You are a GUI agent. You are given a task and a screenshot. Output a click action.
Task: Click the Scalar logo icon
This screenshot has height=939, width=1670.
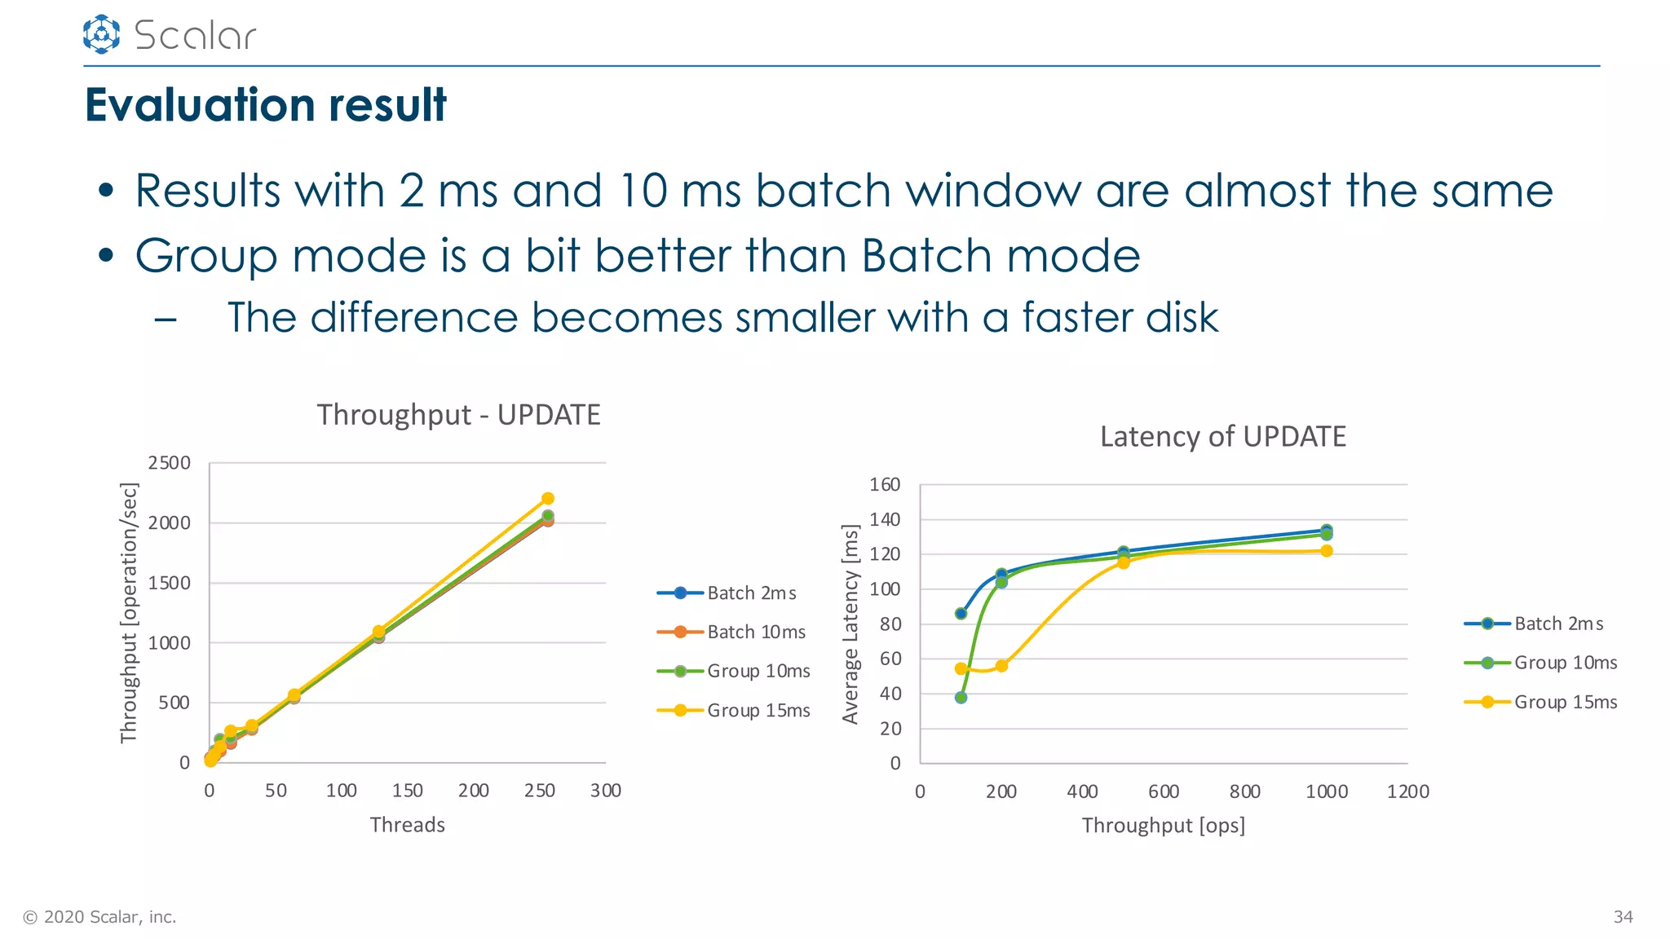point(101,34)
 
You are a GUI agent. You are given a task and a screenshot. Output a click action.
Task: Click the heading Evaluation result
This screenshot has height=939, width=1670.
point(266,105)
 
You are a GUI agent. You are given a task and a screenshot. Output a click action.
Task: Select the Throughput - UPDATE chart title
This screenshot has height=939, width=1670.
point(458,415)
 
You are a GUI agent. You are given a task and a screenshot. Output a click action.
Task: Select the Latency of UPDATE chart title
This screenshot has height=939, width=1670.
point(1222,437)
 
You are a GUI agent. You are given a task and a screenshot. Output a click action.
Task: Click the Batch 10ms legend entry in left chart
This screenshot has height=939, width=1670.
point(755,632)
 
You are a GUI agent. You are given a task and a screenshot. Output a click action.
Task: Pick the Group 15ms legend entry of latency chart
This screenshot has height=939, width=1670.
point(1565,702)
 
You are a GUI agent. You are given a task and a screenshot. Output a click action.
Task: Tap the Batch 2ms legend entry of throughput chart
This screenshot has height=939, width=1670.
point(751,593)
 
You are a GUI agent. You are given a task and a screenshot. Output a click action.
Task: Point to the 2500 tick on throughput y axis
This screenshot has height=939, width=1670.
point(169,463)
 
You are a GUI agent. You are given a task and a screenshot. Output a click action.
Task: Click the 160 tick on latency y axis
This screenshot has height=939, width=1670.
point(885,485)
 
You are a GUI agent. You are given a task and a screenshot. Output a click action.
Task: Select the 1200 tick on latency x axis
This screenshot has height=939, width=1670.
point(1407,791)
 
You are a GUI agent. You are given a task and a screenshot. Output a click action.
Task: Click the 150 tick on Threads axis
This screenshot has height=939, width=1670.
point(407,791)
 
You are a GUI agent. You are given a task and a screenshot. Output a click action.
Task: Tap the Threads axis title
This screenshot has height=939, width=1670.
point(407,825)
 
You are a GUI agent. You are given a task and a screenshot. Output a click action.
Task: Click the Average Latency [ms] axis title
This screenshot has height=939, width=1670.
point(850,624)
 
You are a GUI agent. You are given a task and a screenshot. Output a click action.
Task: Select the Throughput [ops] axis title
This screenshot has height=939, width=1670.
point(1163,826)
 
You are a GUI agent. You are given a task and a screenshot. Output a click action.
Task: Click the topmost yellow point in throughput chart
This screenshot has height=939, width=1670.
point(548,498)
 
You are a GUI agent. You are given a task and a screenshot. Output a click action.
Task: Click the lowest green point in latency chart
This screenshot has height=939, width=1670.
point(961,698)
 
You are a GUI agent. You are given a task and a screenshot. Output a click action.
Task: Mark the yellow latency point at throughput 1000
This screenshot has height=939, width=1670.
point(1327,551)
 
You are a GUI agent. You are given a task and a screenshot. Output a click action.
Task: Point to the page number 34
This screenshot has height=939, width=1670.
point(1623,917)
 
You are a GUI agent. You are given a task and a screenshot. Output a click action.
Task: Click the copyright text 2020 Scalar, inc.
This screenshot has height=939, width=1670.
point(99,917)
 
